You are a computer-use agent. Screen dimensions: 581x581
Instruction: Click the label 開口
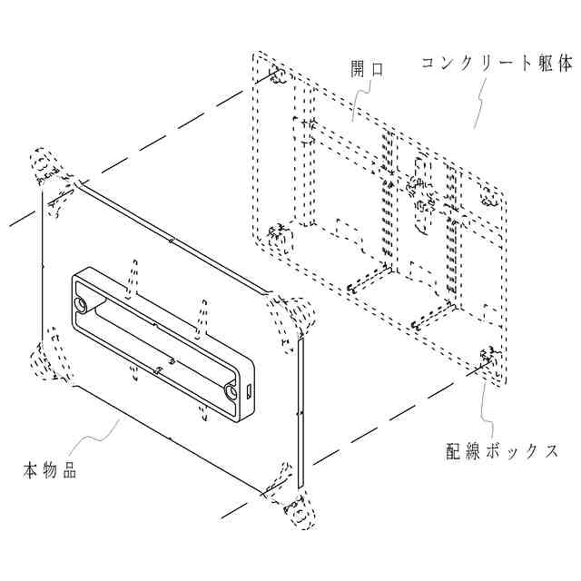click(365, 69)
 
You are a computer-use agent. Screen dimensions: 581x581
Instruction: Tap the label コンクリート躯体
click(497, 64)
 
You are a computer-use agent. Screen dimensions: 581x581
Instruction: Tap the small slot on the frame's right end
click(249, 393)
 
